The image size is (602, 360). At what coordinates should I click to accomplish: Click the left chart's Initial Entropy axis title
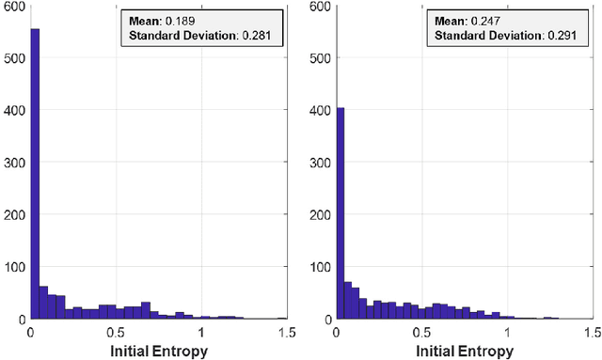(x=158, y=351)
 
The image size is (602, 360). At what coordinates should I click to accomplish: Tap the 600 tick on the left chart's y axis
(x=15, y=7)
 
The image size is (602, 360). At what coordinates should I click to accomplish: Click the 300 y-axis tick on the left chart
(x=15, y=163)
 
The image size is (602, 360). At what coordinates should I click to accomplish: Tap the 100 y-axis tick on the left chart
(x=15, y=267)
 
